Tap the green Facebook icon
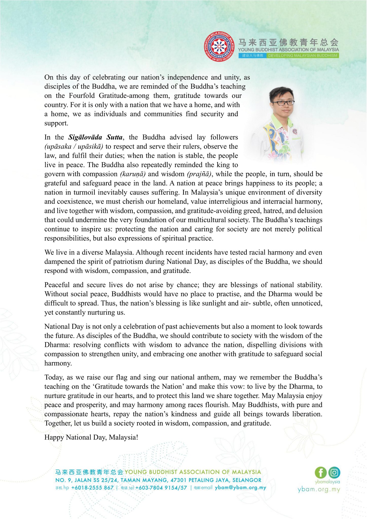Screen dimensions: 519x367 pyautogui.click(x=321, y=472)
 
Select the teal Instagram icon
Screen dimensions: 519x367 pyautogui.click(x=334, y=472)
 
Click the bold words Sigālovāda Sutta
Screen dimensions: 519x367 pyautogui.click(x=95, y=137)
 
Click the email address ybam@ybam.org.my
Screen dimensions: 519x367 pyautogui.click(x=241, y=488)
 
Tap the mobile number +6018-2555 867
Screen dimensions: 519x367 pyautogui.click(x=92, y=488)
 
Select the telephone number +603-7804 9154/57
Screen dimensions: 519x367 pyautogui.click(x=161, y=488)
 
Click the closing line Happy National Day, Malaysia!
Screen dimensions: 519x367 pyautogui.click(x=91, y=437)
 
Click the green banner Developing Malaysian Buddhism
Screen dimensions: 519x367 pyautogui.click(x=303, y=55)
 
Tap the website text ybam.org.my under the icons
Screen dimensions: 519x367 pyautogui.click(x=319, y=489)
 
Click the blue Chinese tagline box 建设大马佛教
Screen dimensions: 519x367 pyautogui.click(x=252, y=55)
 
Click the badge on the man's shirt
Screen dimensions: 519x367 pyautogui.click(x=295, y=132)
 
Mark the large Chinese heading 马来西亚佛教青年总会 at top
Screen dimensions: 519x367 pyautogui.click(x=288, y=42)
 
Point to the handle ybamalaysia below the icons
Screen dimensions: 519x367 pyautogui.click(x=327, y=481)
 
